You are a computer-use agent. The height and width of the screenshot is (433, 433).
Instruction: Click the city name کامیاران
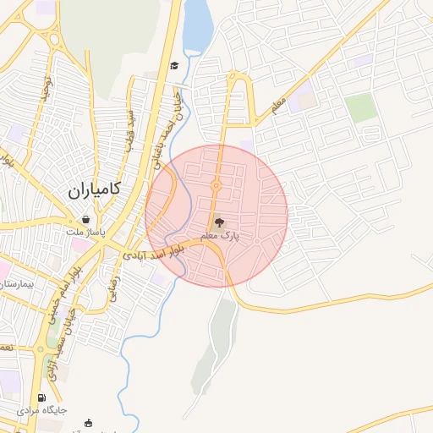coord(94,191)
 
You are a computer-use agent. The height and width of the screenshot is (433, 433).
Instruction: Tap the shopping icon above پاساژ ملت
coord(87,218)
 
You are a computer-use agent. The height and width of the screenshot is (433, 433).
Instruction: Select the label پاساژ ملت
coord(87,231)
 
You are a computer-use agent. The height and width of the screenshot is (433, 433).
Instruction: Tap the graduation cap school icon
coord(174,66)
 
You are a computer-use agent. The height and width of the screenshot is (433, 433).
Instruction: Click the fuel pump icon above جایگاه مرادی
coord(41,397)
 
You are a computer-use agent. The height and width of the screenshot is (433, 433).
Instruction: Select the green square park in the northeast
coord(360,107)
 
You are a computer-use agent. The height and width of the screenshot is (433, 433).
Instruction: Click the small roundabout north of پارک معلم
coord(216,186)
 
